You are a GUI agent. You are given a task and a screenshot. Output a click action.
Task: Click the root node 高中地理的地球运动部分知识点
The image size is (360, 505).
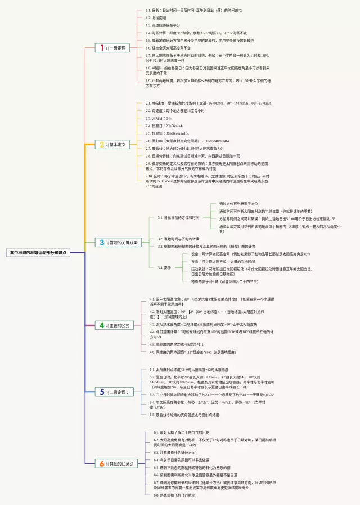(37, 253)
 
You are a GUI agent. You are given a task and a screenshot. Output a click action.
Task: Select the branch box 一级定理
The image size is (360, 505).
(112, 48)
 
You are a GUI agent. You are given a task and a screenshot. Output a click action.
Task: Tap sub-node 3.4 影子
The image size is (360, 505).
(164, 267)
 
